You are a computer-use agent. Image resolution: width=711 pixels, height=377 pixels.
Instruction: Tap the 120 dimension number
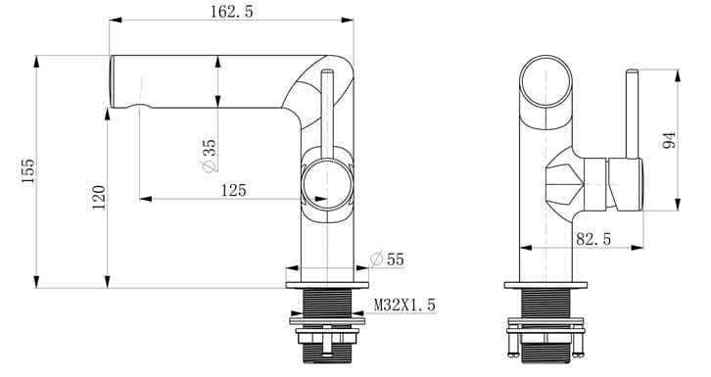pos(97,200)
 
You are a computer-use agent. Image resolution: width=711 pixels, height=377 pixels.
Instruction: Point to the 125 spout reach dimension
pos(232,189)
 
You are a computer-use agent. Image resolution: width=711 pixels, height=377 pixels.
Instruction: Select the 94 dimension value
pos(670,140)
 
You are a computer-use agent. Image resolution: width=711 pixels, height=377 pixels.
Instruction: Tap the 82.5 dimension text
pos(593,238)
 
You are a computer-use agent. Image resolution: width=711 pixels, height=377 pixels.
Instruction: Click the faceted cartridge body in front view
pos(564,182)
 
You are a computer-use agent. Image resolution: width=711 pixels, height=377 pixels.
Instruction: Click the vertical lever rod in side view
pos(326,108)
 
